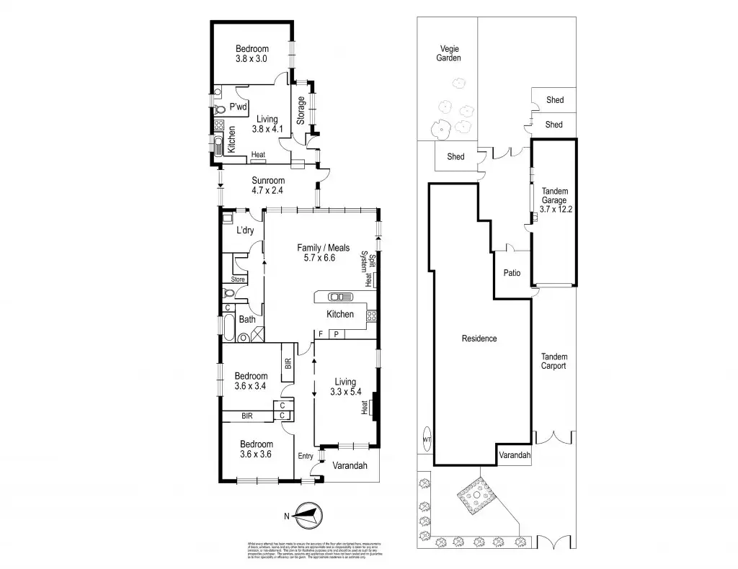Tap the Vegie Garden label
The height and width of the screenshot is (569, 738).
tap(450, 54)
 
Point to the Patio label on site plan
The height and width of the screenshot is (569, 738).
tap(512, 274)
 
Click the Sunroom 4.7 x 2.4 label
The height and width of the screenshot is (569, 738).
tap(268, 186)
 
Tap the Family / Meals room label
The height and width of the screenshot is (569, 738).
tap(323, 253)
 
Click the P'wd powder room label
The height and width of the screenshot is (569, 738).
tap(238, 107)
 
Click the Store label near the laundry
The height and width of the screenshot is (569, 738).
tap(238, 279)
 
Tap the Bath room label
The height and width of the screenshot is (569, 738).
tap(247, 319)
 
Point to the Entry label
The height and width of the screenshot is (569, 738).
tap(306, 456)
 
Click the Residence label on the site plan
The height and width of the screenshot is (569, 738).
tap(479, 339)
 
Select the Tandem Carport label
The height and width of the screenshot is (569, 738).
tap(554, 362)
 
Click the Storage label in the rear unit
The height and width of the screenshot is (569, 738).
tap(301, 111)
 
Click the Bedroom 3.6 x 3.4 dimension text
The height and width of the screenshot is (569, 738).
tap(252, 387)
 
